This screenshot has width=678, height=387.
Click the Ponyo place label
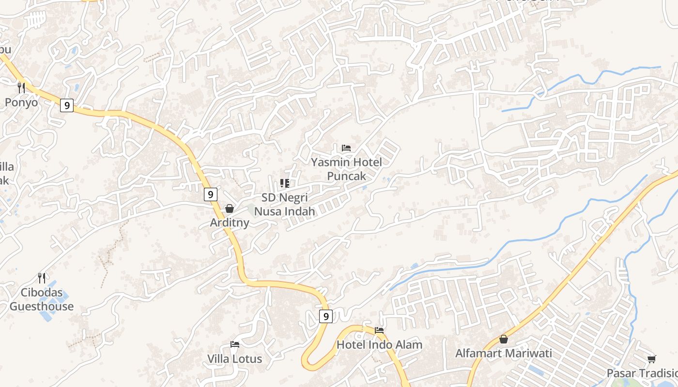(x=21, y=103)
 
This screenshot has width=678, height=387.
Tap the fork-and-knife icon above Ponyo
(x=21, y=88)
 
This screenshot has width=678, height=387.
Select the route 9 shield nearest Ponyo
(x=67, y=105)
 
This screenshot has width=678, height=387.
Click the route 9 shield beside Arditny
(x=210, y=194)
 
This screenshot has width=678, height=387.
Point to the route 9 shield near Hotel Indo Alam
(x=326, y=316)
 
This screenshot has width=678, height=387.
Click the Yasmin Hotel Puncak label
(x=346, y=169)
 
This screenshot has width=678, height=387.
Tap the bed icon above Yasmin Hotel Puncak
(x=346, y=148)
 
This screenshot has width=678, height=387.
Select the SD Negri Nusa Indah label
(x=285, y=205)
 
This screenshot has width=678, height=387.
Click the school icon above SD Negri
(x=285, y=183)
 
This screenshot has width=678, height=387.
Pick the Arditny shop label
(x=230, y=223)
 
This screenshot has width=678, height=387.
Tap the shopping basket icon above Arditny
(x=230, y=208)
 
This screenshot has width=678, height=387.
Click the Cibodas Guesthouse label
(x=42, y=299)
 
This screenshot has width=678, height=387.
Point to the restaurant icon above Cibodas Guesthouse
(x=42, y=278)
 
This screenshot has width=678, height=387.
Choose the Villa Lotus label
(x=235, y=359)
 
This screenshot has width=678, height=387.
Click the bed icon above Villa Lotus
(x=235, y=344)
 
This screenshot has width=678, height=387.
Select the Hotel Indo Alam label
(x=379, y=345)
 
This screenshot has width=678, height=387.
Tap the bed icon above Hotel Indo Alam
(x=379, y=330)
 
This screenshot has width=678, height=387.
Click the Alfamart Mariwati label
(x=503, y=354)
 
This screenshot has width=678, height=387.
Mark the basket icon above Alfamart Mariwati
(x=504, y=339)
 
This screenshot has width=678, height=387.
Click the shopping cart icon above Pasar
(x=651, y=359)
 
